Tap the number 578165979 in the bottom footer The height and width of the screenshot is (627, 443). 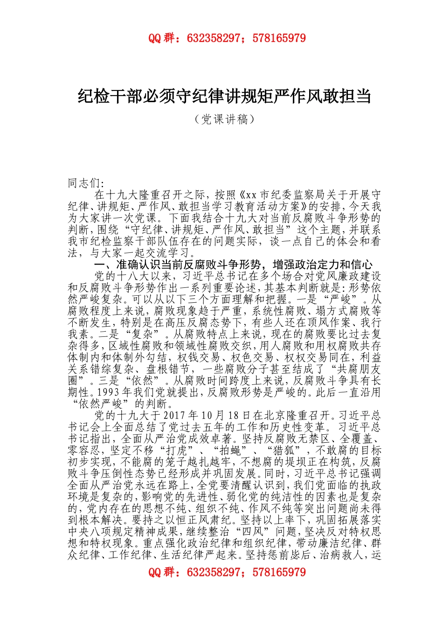coord(279,572)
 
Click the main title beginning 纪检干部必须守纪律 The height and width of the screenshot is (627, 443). coord(224,97)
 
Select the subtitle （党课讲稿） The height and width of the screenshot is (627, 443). coord(225,119)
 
